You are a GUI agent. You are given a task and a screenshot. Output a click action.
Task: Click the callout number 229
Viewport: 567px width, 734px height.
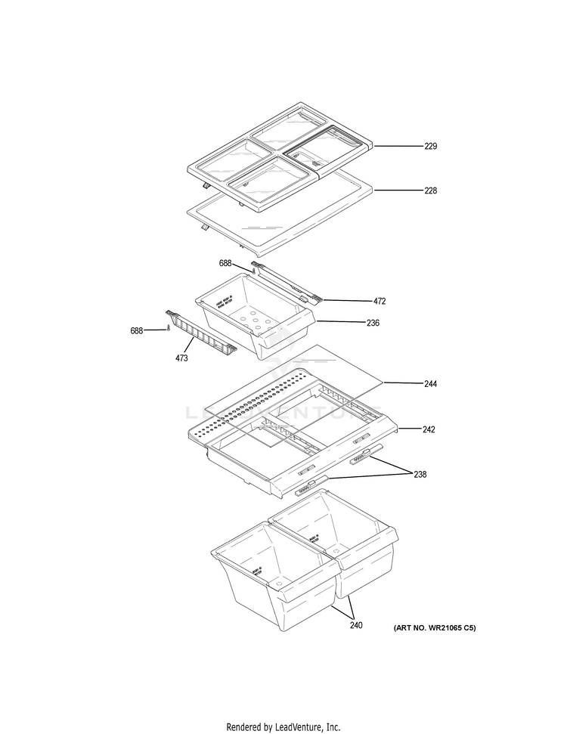pyautogui.click(x=430, y=146)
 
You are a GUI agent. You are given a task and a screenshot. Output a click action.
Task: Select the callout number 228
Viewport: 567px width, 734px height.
pyautogui.click(x=430, y=191)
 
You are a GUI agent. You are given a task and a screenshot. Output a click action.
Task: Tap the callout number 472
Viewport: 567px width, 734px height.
pyautogui.click(x=380, y=301)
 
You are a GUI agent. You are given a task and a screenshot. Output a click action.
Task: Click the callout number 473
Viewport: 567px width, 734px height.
pyautogui.click(x=181, y=358)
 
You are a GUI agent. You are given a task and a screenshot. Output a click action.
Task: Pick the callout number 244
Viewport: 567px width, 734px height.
pyautogui.click(x=430, y=384)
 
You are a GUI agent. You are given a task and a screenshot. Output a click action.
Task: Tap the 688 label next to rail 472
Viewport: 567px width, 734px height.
pyautogui.click(x=226, y=263)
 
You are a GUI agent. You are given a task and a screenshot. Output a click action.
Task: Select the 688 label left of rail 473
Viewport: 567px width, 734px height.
pyautogui.click(x=136, y=330)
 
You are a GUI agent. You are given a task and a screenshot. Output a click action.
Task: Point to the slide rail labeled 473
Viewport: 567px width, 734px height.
pyautogui.click(x=200, y=333)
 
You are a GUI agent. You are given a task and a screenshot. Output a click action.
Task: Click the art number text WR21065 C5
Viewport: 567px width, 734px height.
pyautogui.click(x=434, y=628)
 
